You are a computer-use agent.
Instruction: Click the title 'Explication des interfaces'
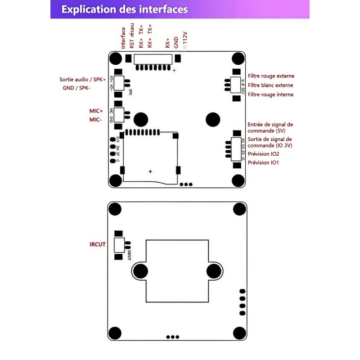[125, 9]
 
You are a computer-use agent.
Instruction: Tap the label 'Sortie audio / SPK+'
[82, 79]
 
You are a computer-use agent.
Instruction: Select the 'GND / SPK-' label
[76, 88]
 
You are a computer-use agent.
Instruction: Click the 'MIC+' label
[96, 111]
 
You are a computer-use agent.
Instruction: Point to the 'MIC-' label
[96, 120]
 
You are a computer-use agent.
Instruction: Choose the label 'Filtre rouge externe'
[270, 76]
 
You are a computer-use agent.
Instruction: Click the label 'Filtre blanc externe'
[270, 85]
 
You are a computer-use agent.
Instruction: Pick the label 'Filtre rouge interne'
[270, 94]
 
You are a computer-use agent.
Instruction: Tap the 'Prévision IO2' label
[263, 154]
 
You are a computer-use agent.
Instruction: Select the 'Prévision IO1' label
[263, 162]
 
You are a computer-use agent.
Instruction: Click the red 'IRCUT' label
[98, 244]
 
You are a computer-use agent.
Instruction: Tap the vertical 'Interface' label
[123, 38]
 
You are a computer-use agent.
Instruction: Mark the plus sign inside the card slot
[150, 171]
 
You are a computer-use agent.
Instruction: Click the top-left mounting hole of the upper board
[116, 58]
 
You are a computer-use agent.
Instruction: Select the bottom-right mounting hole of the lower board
[239, 333]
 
